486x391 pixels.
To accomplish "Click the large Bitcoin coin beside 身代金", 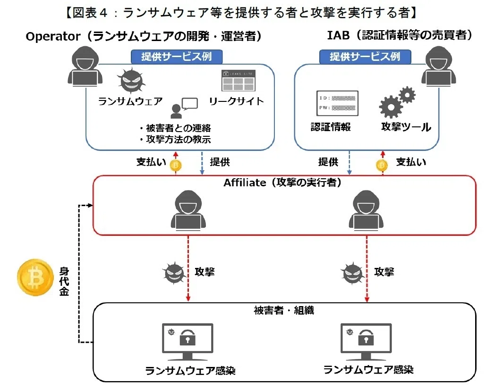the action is (x=35, y=277).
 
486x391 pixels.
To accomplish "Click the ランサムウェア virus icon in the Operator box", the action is (x=131, y=80).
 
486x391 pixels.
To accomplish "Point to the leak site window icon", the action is (x=239, y=81).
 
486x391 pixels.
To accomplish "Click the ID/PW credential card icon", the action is (x=337, y=103).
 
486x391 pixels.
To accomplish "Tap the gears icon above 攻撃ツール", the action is (x=397, y=102).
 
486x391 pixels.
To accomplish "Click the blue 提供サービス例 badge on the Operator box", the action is (x=177, y=57).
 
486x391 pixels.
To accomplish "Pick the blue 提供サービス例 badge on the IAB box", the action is (x=365, y=57).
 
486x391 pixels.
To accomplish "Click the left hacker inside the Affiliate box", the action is (x=188, y=210).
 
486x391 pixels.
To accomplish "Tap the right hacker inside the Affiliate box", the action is (x=366, y=210).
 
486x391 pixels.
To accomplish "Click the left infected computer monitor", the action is (x=188, y=342).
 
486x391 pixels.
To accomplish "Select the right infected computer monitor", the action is (x=366, y=342).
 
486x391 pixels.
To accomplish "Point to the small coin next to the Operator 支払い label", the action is (x=176, y=166).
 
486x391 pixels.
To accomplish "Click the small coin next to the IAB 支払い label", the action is (x=382, y=166).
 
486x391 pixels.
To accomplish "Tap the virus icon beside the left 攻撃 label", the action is (x=174, y=273).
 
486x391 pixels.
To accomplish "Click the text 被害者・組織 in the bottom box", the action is (x=284, y=310).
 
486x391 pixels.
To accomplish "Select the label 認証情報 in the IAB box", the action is (x=331, y=126).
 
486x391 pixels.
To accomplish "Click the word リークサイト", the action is (x=236, y=101).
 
